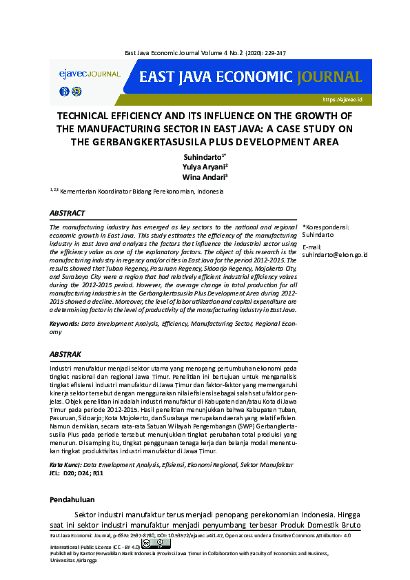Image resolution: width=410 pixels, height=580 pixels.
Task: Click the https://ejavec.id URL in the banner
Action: point(342,100)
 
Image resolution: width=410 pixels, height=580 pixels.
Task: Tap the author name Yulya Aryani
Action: point(204,167)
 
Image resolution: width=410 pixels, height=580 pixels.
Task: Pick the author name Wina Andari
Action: point(205,178)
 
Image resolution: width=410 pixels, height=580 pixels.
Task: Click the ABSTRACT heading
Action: point(68,214)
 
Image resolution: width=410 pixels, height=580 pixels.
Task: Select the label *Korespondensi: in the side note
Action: point(325,227)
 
